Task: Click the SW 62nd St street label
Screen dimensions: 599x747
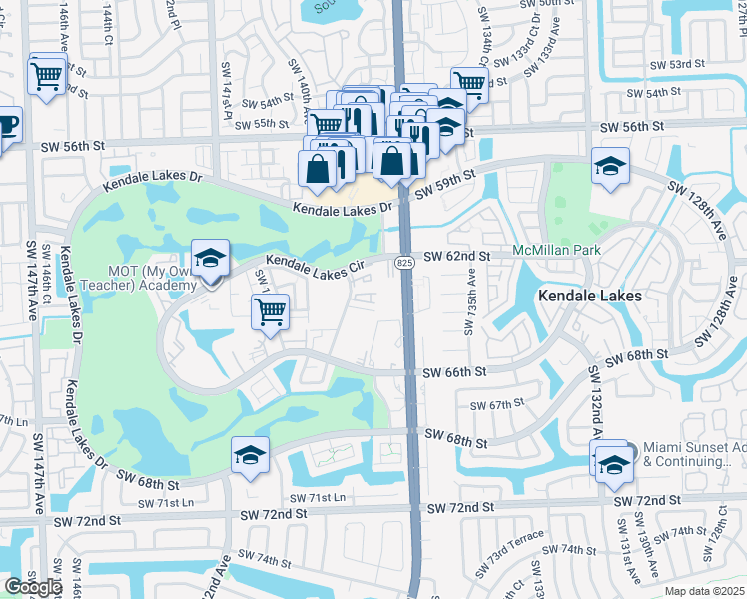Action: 456,257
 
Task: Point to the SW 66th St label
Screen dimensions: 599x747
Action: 454,371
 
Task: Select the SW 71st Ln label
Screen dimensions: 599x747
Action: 318,498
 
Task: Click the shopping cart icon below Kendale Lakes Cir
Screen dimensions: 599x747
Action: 271,311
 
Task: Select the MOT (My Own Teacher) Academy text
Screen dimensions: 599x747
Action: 152,279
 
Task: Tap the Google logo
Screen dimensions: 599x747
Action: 33,587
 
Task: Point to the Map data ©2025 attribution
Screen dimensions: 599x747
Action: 702,591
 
